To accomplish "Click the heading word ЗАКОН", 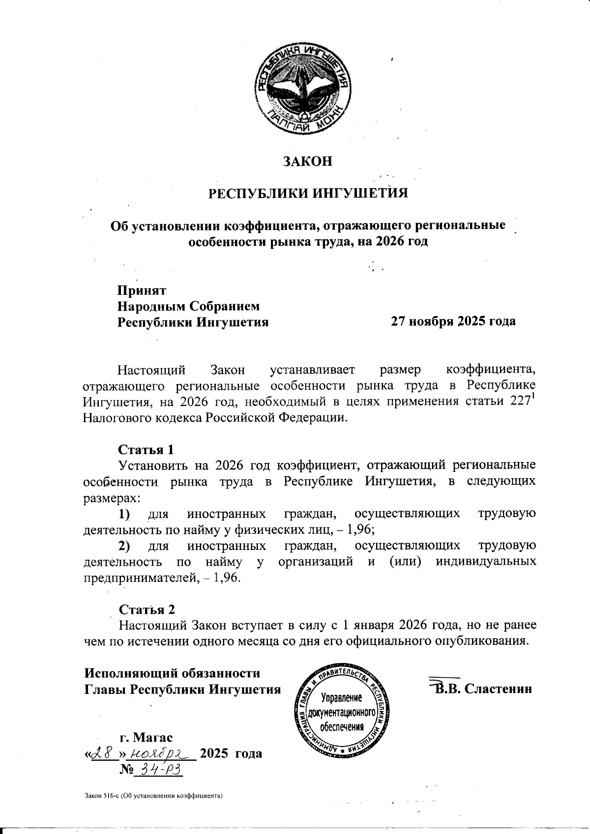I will pos(308,161).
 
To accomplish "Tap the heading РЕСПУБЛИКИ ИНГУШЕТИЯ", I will pos(309,193).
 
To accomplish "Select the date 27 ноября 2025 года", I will pos(453,321).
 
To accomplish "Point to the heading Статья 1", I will pos(146,449).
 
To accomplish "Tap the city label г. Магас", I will pos(146,738).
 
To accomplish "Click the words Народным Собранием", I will pos(188,306).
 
